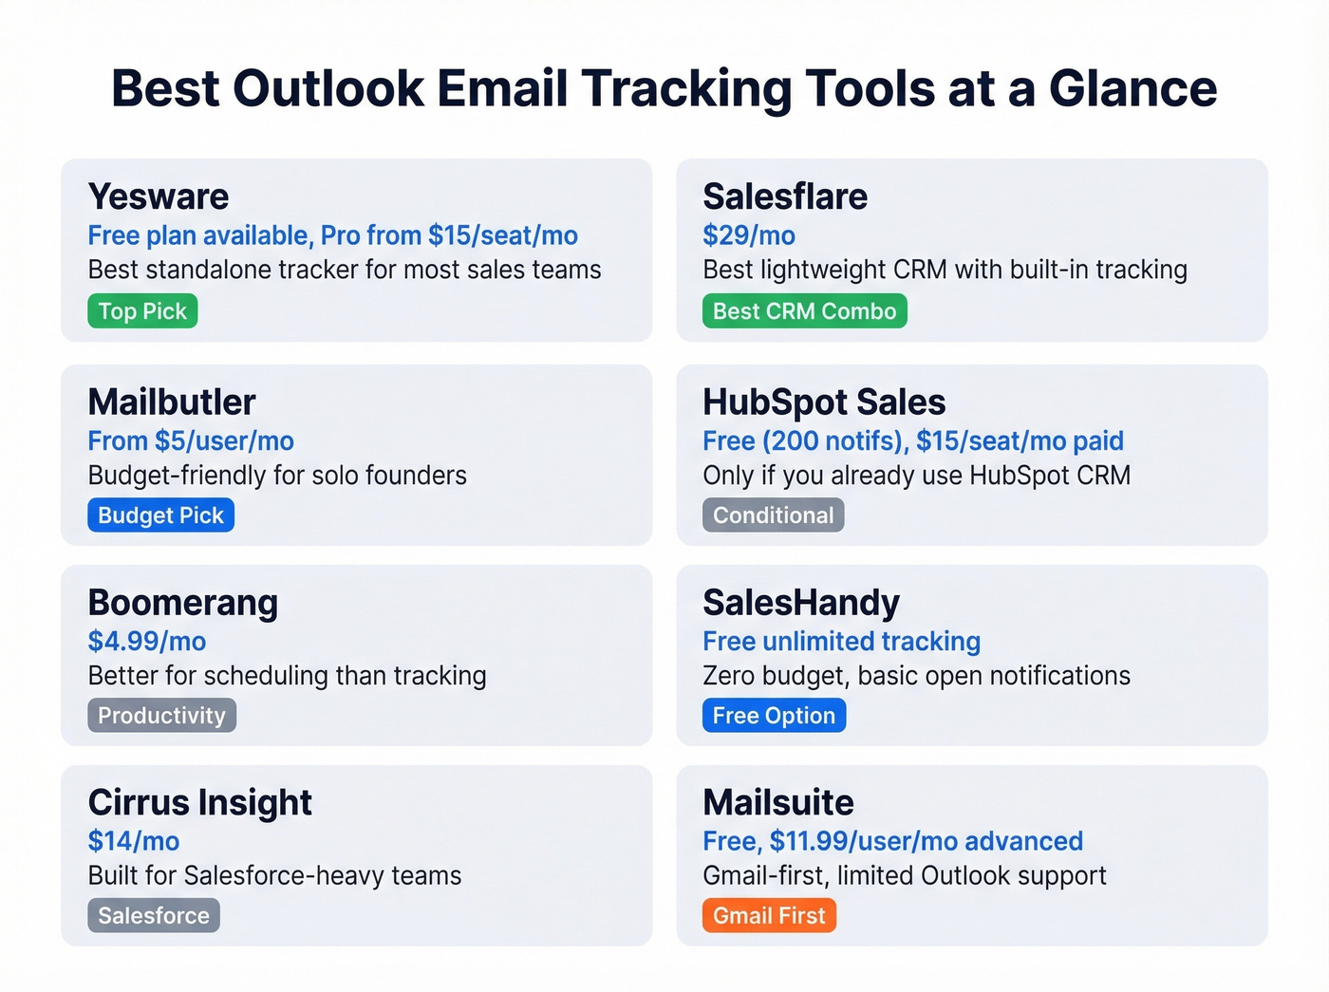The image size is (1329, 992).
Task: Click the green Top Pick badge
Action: point(142,311)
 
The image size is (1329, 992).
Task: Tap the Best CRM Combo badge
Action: point(804,311)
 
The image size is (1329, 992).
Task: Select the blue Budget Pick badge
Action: point(160,515)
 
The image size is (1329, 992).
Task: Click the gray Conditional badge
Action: point(773,515)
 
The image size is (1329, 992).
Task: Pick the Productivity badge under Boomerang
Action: point(161,716)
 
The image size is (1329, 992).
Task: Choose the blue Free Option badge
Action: point(774,716)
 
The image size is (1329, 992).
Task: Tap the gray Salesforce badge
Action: point(154,916)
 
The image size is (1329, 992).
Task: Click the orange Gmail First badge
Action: point(769,916)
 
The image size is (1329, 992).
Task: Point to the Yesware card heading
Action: point(159,197)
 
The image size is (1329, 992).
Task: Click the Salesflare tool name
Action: point(785,197)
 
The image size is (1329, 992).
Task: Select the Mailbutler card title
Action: point(172,402)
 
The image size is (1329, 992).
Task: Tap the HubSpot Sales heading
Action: point(824,402)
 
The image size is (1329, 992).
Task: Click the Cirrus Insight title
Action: point(199,803)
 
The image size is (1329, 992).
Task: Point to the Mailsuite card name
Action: point(778,803)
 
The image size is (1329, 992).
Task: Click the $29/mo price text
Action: point(749,235)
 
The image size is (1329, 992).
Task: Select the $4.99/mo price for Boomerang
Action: point(147,642)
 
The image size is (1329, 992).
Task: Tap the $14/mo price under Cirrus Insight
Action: point(134,841)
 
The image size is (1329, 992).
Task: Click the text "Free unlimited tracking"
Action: point(841,642)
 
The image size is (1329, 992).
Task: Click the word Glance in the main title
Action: point(1132,88)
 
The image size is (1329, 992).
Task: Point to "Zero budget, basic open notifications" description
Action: point(916,676)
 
